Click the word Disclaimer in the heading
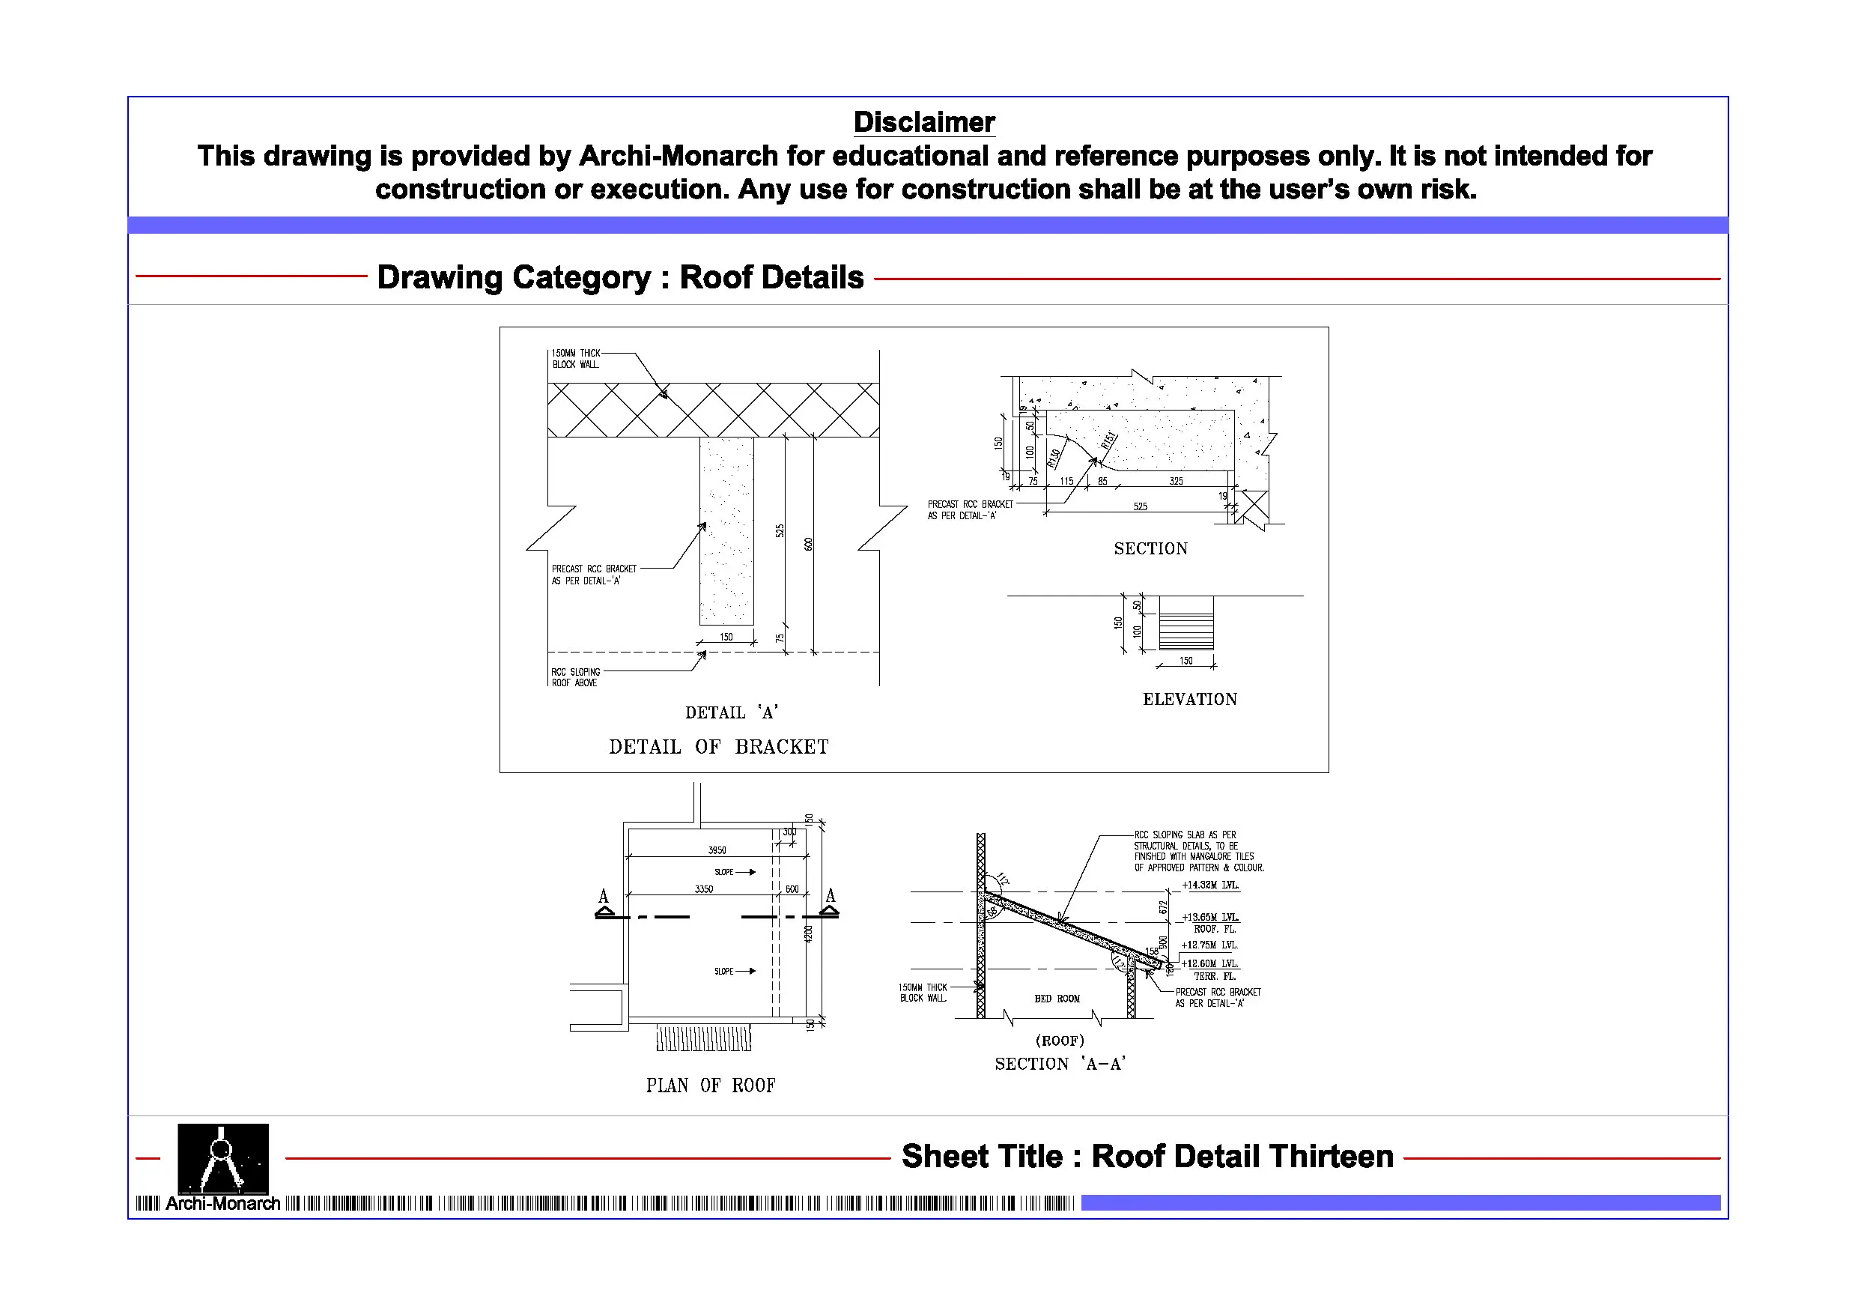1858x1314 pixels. (924, 122)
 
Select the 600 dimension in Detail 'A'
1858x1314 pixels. (807, 544)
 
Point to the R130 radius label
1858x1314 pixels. (1054, 458)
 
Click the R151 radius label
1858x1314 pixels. (1108, 440)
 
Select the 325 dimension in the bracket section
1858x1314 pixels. (1176, 481)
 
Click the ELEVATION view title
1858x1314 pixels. (1189, 700)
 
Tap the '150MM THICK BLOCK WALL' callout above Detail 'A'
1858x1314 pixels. (575, 359)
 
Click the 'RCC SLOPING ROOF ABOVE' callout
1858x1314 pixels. (575, 676)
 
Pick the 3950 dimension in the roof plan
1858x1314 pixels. (717, 850)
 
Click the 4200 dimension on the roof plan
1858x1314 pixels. (807, 933)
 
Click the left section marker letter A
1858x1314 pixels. (603, 896)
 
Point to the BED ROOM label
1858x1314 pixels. (1057, 999)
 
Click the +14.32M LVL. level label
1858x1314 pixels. (1209, 885)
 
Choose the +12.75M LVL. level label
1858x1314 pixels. (1209, 945)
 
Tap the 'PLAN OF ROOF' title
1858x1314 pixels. (711, 1086)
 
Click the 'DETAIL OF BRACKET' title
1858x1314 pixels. (719, 746)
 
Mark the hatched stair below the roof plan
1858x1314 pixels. (703, 1038)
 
